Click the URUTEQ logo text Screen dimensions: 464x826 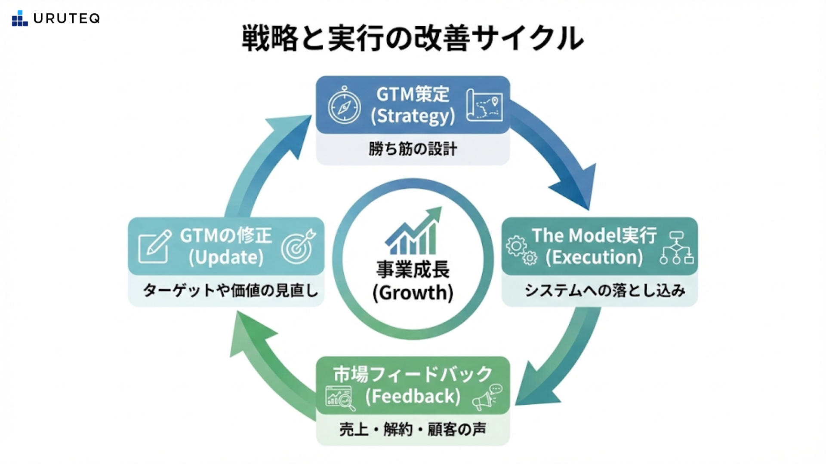tap(67, 18)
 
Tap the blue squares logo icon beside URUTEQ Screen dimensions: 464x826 tap(20, 18)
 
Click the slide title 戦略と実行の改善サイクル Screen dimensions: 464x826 tap(413, 39)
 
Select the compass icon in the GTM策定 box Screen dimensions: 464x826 tap(344, 106)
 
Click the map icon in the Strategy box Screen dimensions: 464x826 tap(484, 105)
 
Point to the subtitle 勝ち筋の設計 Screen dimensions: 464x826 tap(413, 149)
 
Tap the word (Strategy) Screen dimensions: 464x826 tap(413, 116)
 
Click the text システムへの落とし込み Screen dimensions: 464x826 tap(604, 290)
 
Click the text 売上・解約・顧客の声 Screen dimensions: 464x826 tap(413, 429)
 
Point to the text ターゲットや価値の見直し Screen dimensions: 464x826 tap(230, 290)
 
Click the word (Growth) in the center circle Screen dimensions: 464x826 tap(413, 293)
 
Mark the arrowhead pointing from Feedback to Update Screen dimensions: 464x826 tap(250, 333)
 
